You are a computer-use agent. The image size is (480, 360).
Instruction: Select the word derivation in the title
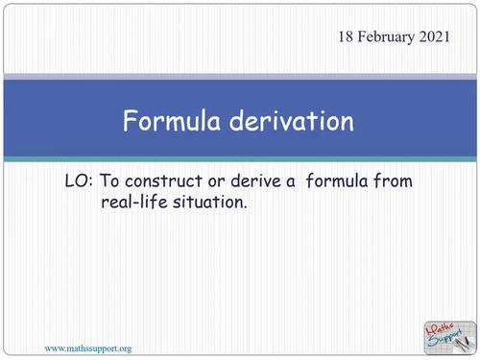pos(293,121)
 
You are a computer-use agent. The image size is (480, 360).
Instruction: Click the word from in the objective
pos(414,181)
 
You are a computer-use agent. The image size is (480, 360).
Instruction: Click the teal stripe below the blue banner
pos(240,158)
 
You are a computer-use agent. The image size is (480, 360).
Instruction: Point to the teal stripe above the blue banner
pos(240,77)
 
